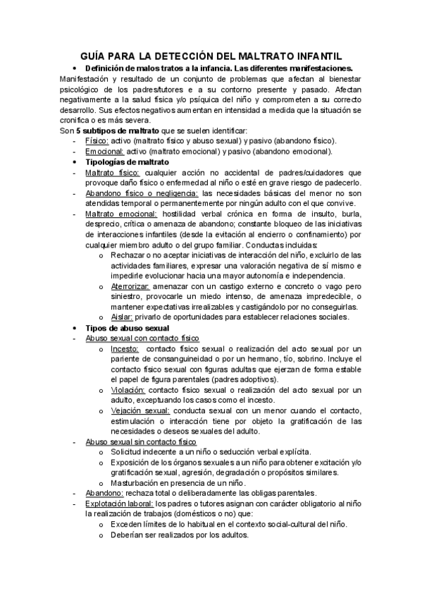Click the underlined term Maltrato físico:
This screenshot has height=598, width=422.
(x=112, y=173)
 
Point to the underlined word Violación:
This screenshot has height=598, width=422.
(x=128, y=390)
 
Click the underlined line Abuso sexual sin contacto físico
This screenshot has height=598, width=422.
(x=141, y=441)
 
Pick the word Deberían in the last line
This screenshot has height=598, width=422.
(x=128, y=535)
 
